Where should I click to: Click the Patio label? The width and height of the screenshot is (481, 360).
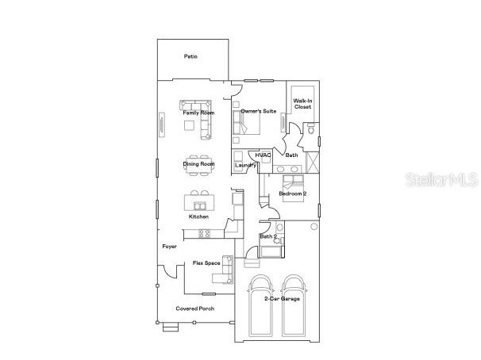pos(190,56)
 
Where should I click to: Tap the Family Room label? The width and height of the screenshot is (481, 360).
pos(198,113)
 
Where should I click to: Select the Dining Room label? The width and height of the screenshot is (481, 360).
pos(198,164)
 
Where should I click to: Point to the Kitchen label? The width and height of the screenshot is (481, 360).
pos(198,216)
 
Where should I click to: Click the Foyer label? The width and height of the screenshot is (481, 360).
pos(169,247)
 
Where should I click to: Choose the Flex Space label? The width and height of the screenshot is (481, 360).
pos(206,262)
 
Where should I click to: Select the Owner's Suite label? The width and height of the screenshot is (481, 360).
pos(259,112)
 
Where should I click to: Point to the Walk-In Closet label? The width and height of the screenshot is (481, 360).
pos(302,104)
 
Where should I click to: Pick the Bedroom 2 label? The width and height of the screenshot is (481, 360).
pos(293,193)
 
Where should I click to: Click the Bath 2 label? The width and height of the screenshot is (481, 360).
pos(268,236)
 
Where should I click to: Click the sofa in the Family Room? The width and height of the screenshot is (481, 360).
pos(196,105)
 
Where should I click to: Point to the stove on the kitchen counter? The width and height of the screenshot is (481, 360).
pos(203,232)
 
